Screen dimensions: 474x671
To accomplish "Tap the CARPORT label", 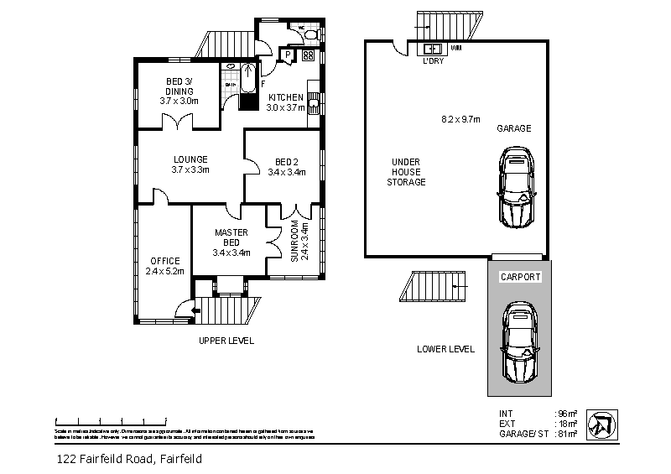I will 520,276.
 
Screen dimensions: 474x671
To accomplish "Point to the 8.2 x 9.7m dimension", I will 460,119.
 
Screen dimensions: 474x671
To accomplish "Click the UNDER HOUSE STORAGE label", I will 406,171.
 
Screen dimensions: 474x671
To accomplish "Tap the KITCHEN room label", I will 285,97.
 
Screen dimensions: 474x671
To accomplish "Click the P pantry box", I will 287,56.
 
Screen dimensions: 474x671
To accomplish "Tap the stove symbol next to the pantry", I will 307,56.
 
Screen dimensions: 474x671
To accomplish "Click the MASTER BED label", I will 231,237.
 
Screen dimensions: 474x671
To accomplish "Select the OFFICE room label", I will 164,261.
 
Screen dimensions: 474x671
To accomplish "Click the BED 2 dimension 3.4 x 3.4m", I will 286,172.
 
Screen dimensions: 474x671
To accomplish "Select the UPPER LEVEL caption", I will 226,341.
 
